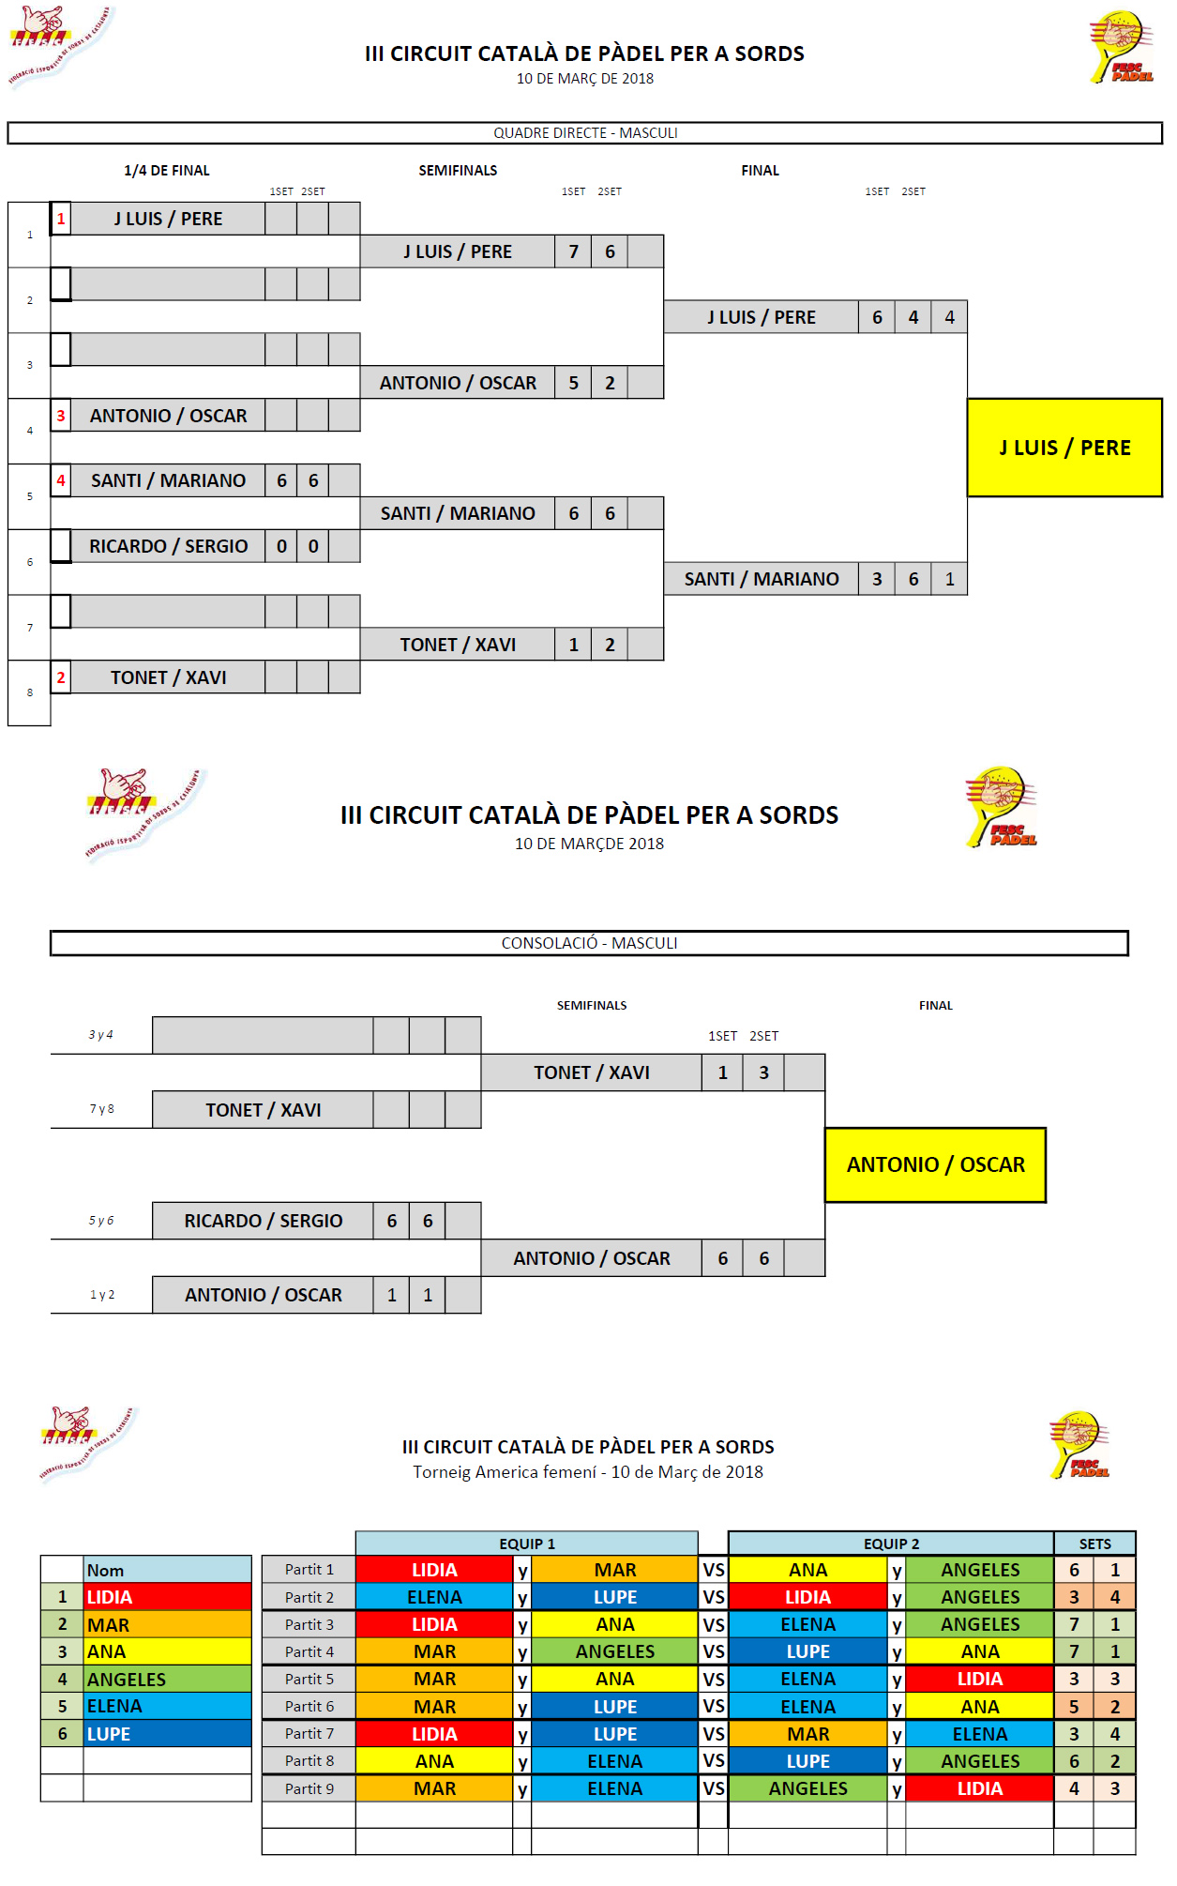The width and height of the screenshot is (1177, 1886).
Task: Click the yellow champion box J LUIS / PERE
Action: (x=1064, y=448)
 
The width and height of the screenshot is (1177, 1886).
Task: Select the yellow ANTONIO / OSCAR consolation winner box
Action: (x=935, y=1164)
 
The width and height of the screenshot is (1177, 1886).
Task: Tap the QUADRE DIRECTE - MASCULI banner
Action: (x=585, y=133)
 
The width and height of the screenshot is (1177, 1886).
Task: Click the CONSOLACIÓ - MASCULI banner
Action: (x=589, y=943)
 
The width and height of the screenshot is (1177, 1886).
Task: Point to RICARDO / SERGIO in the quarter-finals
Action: (x=168, y=546)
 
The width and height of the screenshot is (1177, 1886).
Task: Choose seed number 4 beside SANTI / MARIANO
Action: (x=61, y=480)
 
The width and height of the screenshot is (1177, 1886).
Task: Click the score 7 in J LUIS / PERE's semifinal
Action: (x=573, y=251)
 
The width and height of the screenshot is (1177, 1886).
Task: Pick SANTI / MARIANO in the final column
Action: (x=761, y=579)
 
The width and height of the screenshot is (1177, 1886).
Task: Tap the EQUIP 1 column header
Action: (x=526, y=1544)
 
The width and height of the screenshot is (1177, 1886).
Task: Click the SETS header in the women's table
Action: (x=1094, y=1544)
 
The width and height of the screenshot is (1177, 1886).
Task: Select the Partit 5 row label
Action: (x=309, y=1679)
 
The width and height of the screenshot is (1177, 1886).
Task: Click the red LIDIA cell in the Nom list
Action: (x=167, y=1597)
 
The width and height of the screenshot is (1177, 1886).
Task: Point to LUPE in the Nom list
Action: (x=167, y=1734)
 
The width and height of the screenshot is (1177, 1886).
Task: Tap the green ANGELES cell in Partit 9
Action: (x=807, y=1788)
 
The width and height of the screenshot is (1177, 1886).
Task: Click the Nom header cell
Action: (x=167, y=1570)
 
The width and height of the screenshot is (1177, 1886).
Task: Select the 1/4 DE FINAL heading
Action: (x=167, y=171)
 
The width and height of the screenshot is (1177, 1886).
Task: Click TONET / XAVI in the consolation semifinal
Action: (x=591, y=1072)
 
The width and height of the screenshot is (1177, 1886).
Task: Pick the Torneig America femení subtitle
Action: (x=588, y=1472)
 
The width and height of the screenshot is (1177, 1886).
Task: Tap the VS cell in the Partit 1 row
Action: (x=714, y=1570)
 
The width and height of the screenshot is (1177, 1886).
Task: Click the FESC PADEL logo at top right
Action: (x=1121, y=47)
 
